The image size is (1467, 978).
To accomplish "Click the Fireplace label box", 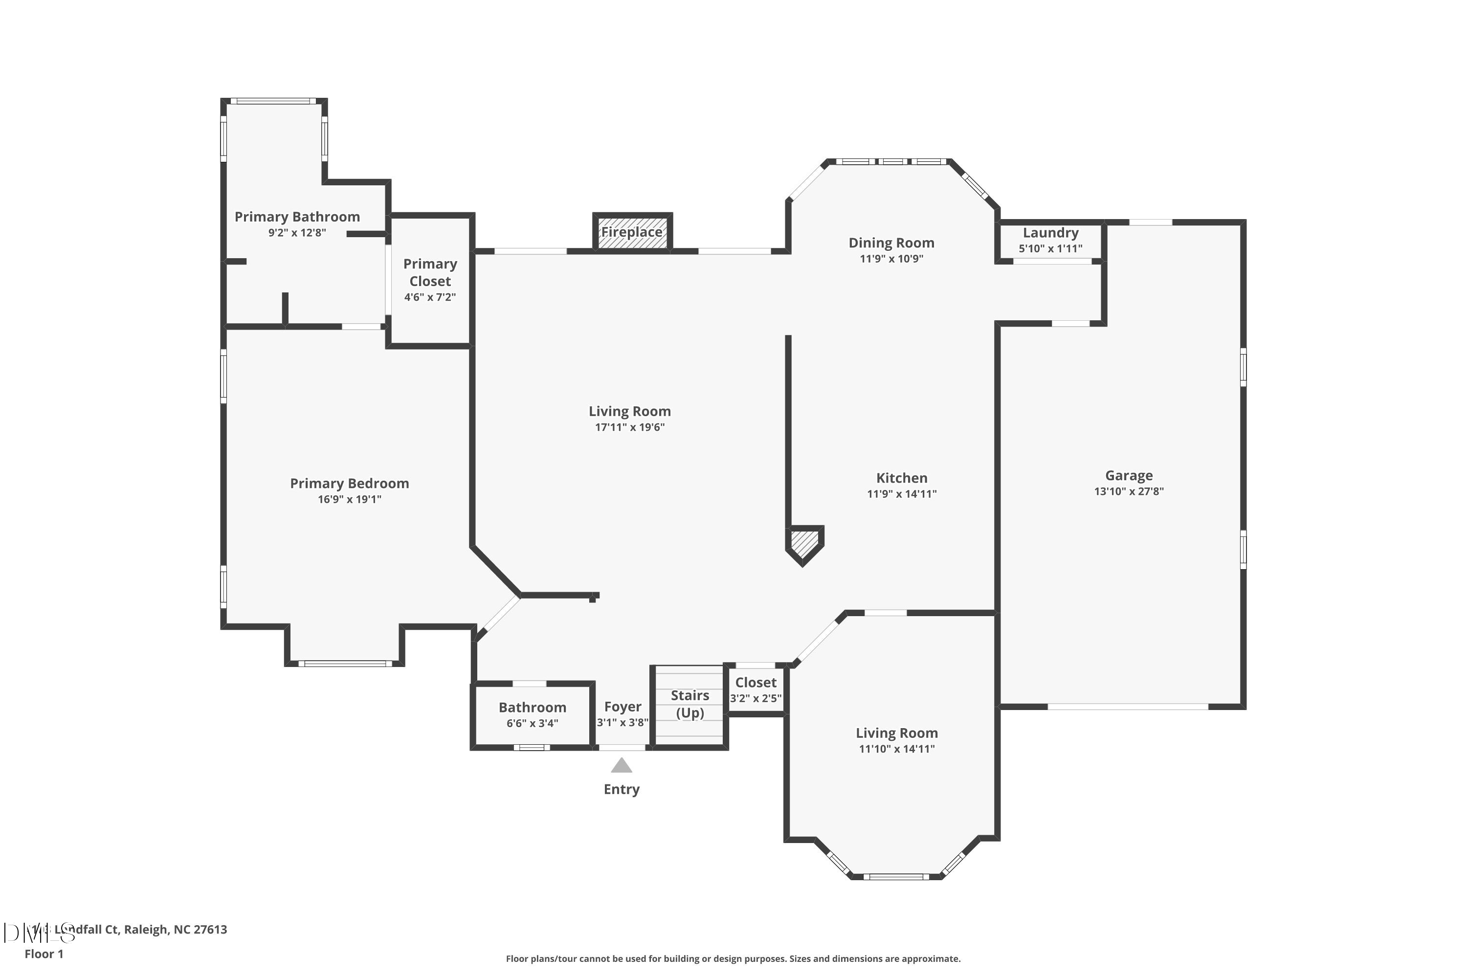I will (632, 232).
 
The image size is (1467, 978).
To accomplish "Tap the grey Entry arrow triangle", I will (621, 765).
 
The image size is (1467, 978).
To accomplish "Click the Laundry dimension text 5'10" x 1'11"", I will (1050, 248).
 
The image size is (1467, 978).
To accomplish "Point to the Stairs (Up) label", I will (690, 704).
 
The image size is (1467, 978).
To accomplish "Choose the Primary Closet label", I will (430, 272).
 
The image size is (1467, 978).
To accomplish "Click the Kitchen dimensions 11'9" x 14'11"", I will (901, 494).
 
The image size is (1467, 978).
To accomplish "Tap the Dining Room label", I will (891, 243).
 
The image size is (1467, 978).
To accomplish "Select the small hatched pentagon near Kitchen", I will (804, 543).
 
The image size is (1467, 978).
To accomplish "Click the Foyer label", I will (622, 707).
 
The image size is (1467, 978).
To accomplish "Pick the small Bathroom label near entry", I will (532, 707).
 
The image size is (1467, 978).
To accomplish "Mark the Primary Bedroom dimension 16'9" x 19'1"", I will (349, 499).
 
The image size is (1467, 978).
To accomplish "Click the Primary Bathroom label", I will (297, 217).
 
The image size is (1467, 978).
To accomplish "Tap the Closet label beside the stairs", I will (756, 682).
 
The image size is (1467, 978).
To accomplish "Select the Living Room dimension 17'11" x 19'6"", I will (629, 427).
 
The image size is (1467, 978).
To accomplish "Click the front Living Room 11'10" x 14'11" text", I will (896, 749).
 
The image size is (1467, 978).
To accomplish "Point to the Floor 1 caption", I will (44, 954).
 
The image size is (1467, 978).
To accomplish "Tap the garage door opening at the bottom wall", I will (1128, 707).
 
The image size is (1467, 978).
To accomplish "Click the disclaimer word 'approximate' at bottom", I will (928, 958).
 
